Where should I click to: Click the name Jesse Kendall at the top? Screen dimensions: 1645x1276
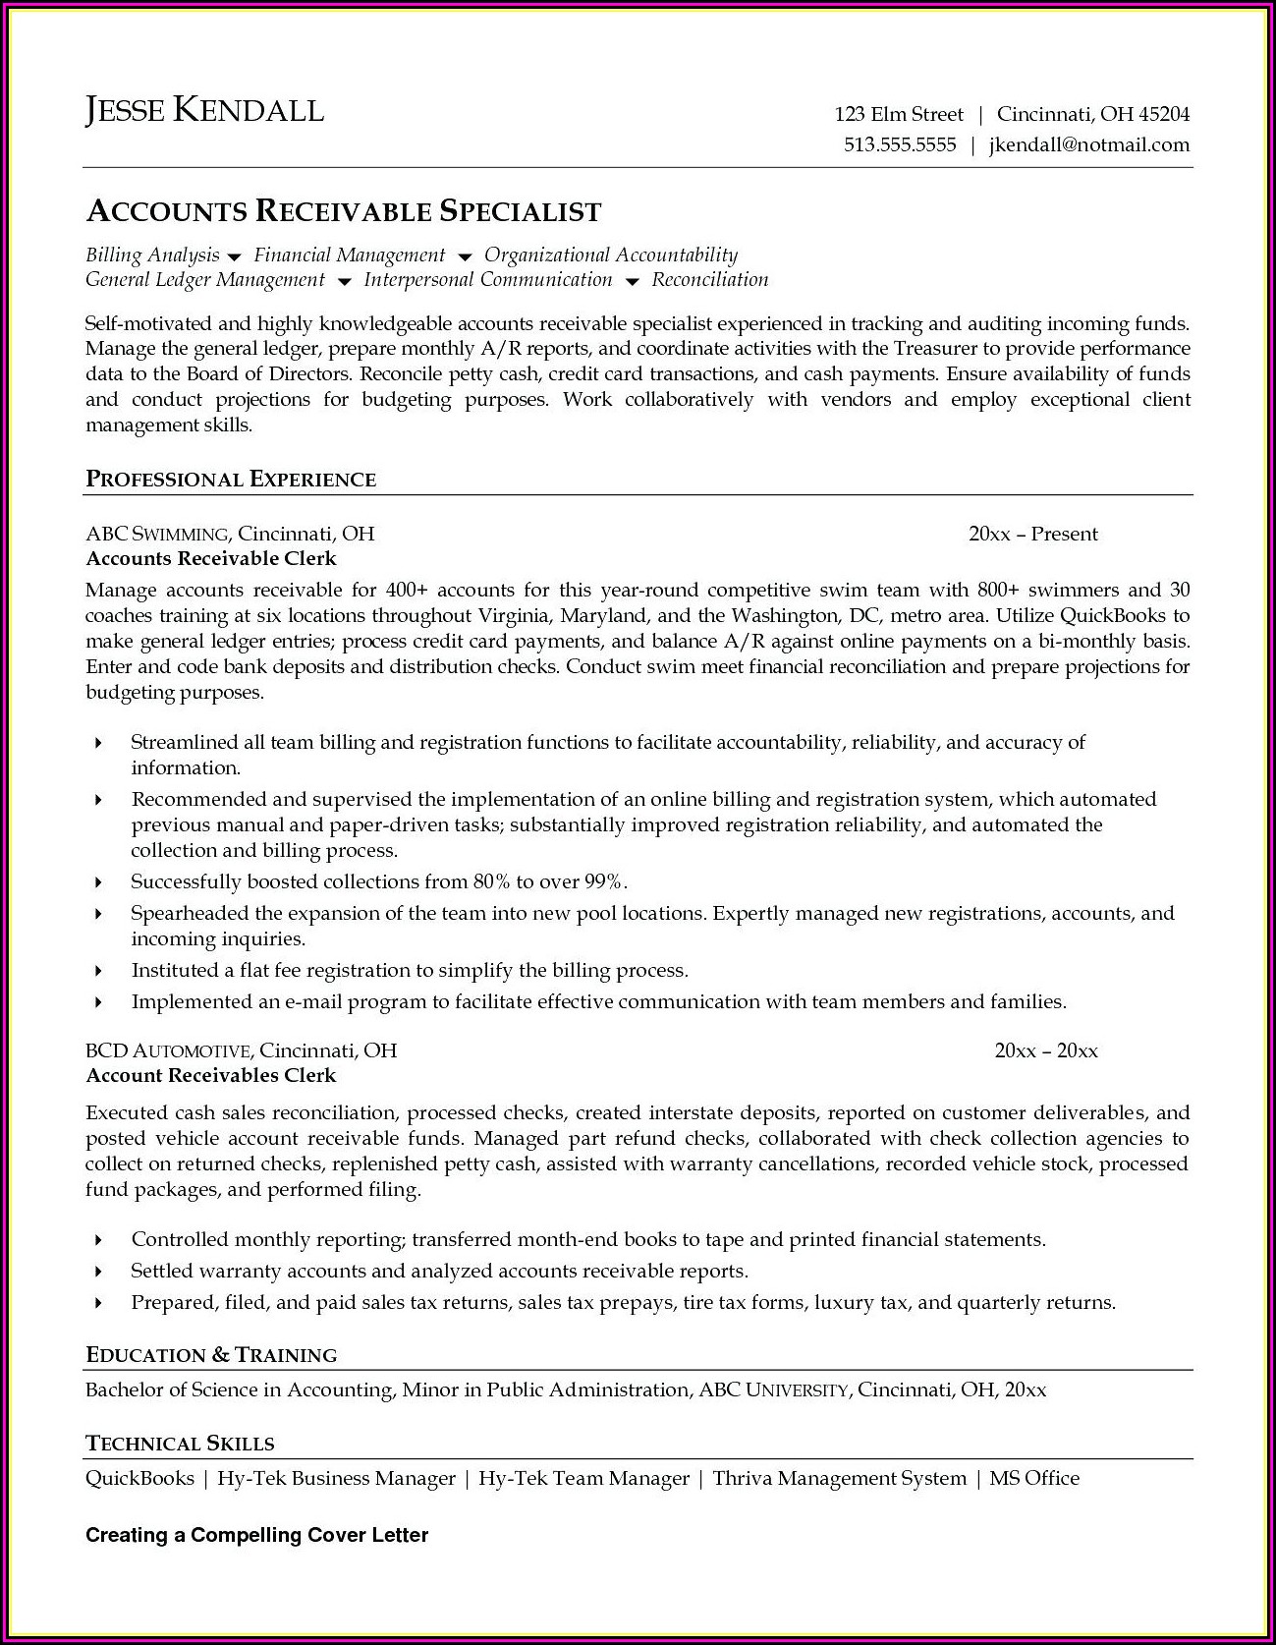coord(204,110)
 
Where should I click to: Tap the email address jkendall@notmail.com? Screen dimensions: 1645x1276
coord(1088,144)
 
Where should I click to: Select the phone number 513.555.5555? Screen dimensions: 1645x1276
coord(900,144)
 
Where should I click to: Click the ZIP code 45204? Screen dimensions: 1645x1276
coord(1164,114)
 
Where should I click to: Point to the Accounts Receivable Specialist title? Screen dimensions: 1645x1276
coord(344,211)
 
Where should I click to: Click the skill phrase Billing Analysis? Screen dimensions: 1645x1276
coord(152,255)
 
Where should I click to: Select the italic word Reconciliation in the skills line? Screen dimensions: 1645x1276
coord(710,280)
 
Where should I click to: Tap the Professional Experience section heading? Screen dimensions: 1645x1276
coord(231,480)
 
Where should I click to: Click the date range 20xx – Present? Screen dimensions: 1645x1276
coord(1032,534)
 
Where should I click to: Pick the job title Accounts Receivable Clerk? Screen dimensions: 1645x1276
coord(211,558)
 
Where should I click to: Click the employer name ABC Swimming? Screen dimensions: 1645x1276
coord(157,534)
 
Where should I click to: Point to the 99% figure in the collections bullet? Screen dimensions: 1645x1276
coord(604,881)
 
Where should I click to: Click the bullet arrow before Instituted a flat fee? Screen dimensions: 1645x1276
coord(98,971)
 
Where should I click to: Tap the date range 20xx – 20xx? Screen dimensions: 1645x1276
coord(1045,1050)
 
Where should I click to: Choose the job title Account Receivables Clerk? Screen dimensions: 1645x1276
coord(211,1075)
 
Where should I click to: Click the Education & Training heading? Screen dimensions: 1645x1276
coord(211,1355)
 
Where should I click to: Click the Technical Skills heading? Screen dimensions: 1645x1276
coord(180,1444)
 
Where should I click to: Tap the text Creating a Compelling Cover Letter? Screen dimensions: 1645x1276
coord(257,1535)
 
